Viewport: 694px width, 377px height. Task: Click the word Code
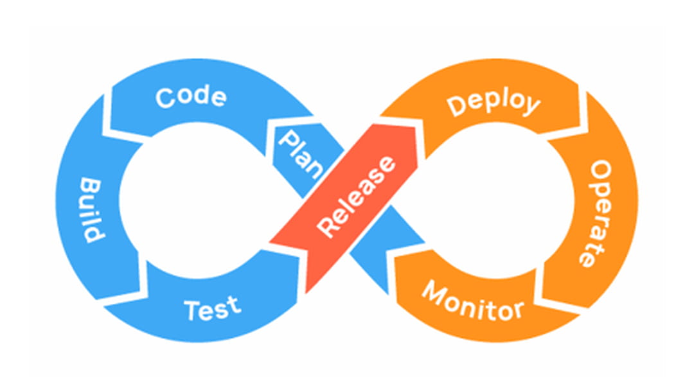pyautogui.click(x=191, y=98)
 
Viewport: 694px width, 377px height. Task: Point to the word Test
pyautogui.click(x=211, y=308)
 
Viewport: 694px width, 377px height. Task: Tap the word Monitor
pyautogui.click(x=472, y=302)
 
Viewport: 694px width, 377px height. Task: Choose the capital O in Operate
pyautogui.click(x=599, y=171)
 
